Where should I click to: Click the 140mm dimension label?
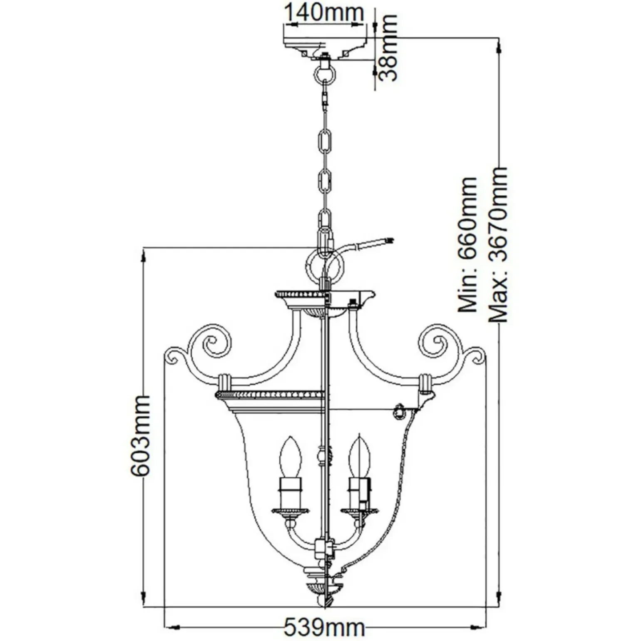point(323,12)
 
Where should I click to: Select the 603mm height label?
point(140,436)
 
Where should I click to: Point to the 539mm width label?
point(324,627)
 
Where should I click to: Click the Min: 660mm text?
point(467,245)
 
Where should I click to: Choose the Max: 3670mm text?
point(498,245)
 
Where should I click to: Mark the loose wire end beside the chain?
point(389,240)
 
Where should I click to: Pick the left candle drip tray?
point(291,509)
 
